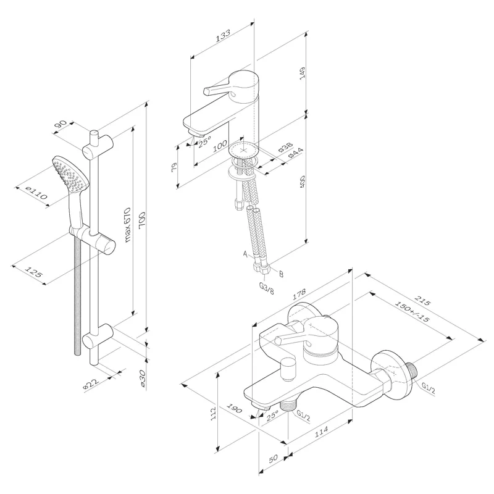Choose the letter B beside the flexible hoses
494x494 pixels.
281,274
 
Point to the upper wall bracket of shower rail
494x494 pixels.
98,143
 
